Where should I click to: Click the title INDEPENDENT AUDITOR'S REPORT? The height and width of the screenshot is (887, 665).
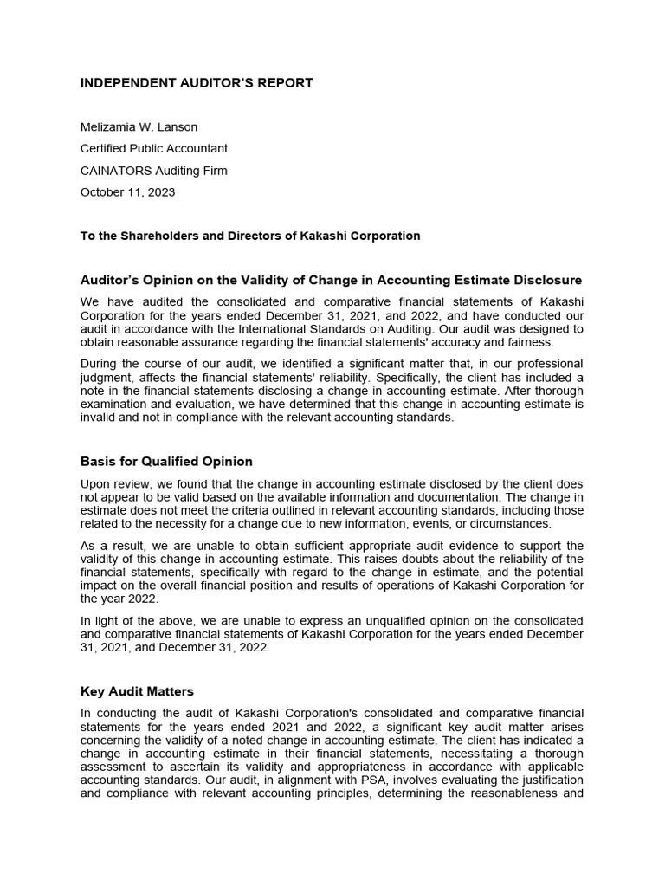(x=197, y=83)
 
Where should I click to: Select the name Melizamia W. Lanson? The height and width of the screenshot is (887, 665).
(x=139, y=127)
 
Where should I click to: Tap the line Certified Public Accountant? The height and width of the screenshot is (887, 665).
(x=154, y=149)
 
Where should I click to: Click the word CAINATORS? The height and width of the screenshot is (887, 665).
(x=113, y=171)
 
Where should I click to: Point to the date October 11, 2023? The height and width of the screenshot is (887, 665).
(x=127, y=192)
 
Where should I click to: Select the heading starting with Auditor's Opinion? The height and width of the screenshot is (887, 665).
(x=331, y=280)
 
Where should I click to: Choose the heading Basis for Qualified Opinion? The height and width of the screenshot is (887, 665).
(x=166, y=461)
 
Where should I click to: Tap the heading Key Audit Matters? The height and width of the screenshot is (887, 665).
(x=137, y=691)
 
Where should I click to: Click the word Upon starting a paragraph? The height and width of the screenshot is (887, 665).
(x=95, y=483)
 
